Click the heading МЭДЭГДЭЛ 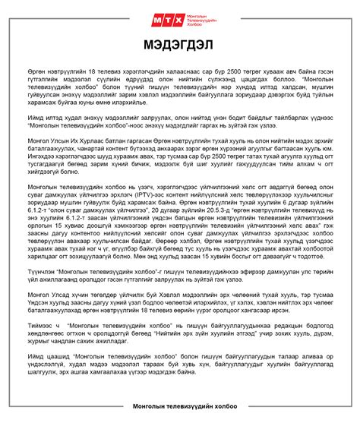click(180, 44)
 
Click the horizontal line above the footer click(180, 408)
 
